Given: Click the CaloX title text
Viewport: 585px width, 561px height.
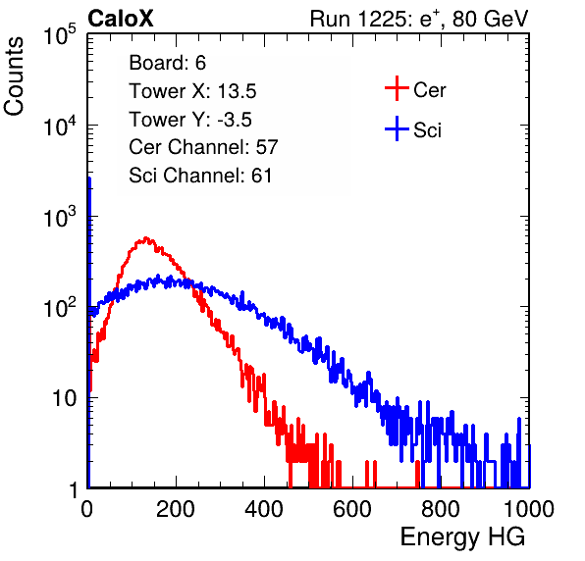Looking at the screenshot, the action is pyautogui.click(x=121, y=19).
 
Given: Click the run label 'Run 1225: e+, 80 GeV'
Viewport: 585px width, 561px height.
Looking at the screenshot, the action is pyautogui.click(x=419, y=19).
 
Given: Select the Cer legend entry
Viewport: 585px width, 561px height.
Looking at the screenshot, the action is pyautogui.click(x=415, y=89).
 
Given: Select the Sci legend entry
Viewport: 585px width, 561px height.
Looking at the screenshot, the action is pyautogui.click(x=413, y=129).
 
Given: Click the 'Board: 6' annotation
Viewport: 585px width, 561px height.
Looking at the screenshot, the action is pyautogui.click(x=167, y=63).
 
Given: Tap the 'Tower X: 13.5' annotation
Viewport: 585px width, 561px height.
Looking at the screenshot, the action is pyautogui.click(x=192, y=91).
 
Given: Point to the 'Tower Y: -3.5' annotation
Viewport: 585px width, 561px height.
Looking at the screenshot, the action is pyautogui.click(x=190, y=120).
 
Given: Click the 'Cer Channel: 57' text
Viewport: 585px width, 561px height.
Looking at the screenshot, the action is pyautogui.click(x=203, y=147).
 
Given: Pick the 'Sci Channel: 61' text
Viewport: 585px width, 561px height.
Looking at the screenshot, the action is pyautogui.click(x=200, y=176).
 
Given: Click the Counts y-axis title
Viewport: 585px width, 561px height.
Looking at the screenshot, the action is pyautogui.click(x=14, y=76).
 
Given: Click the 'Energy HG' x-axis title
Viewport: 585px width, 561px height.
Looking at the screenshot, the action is pyautogui.click(x=462, y=537).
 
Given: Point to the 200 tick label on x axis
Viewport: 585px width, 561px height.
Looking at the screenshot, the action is pyautogui.click(x=176, y=509).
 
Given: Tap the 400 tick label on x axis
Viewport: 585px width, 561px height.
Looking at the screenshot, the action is pyautogui.click(x=264, y=509).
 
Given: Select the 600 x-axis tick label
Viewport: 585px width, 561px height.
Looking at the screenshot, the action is pyautogui.click(x=352, y=509).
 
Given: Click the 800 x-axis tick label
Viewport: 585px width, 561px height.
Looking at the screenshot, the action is pyautogui.click(x=441, y=509).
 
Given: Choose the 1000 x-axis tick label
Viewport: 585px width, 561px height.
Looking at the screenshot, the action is pyautogui.click(x=529, y=509).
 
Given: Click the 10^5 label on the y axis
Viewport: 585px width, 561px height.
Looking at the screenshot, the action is pyautogui.click(x=60, y=35).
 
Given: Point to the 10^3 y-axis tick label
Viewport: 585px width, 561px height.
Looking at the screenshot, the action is pyautogui.click(x=60, y=218).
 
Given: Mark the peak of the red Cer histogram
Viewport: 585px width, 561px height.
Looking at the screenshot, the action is pyautogui.click(x=146, y=237).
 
